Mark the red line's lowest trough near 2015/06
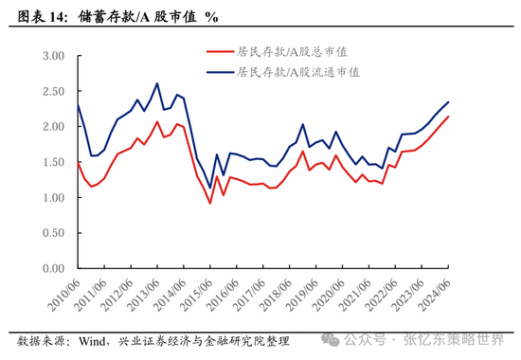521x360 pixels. (210, 203)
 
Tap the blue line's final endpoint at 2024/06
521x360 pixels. (448, 102)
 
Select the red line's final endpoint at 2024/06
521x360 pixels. (448, 117)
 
